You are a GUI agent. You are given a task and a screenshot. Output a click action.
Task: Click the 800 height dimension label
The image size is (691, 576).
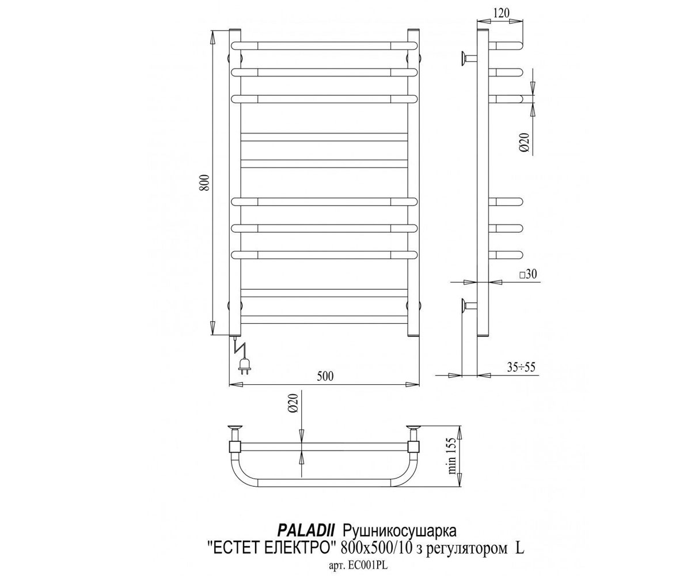[x=206, y=182]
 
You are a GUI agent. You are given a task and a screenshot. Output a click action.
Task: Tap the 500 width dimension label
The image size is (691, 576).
[x=325, y=376]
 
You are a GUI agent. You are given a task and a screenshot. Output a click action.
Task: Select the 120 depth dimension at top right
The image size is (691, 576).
[x=502, y=13]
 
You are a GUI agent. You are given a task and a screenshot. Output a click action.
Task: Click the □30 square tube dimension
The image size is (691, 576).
[x=528, y=274]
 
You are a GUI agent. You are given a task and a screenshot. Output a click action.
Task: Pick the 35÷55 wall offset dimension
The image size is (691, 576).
[x=521, y=367]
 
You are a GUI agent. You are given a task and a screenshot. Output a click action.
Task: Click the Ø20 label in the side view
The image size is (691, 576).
[x=525, y=143]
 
